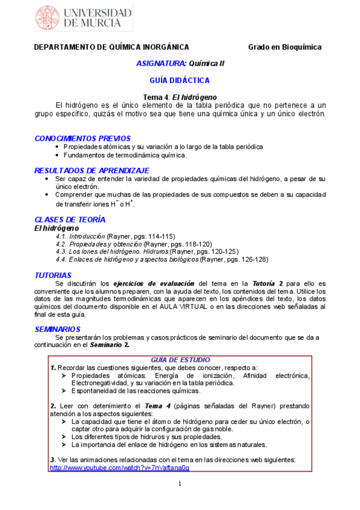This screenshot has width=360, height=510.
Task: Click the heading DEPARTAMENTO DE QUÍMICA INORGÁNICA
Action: pos(111,47)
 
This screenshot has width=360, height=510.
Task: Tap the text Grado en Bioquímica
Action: pos(285,47)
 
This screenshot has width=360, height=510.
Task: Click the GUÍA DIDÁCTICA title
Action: pos(180,79)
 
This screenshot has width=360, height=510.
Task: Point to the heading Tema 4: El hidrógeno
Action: pos(180,97)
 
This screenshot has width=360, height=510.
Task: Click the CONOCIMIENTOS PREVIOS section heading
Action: pos(82,138)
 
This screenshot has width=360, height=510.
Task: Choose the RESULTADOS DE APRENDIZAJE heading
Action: pos(91,170)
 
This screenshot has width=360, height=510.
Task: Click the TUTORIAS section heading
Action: pos(53,274)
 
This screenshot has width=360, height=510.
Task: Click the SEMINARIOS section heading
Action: pos(58,329)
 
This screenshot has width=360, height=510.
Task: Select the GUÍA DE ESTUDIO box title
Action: pos(180,359)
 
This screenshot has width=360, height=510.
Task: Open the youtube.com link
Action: pos(119,467)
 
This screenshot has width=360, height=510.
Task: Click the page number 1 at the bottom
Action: pos(180,485)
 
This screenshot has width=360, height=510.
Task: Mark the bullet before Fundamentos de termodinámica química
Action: pos(57,155)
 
